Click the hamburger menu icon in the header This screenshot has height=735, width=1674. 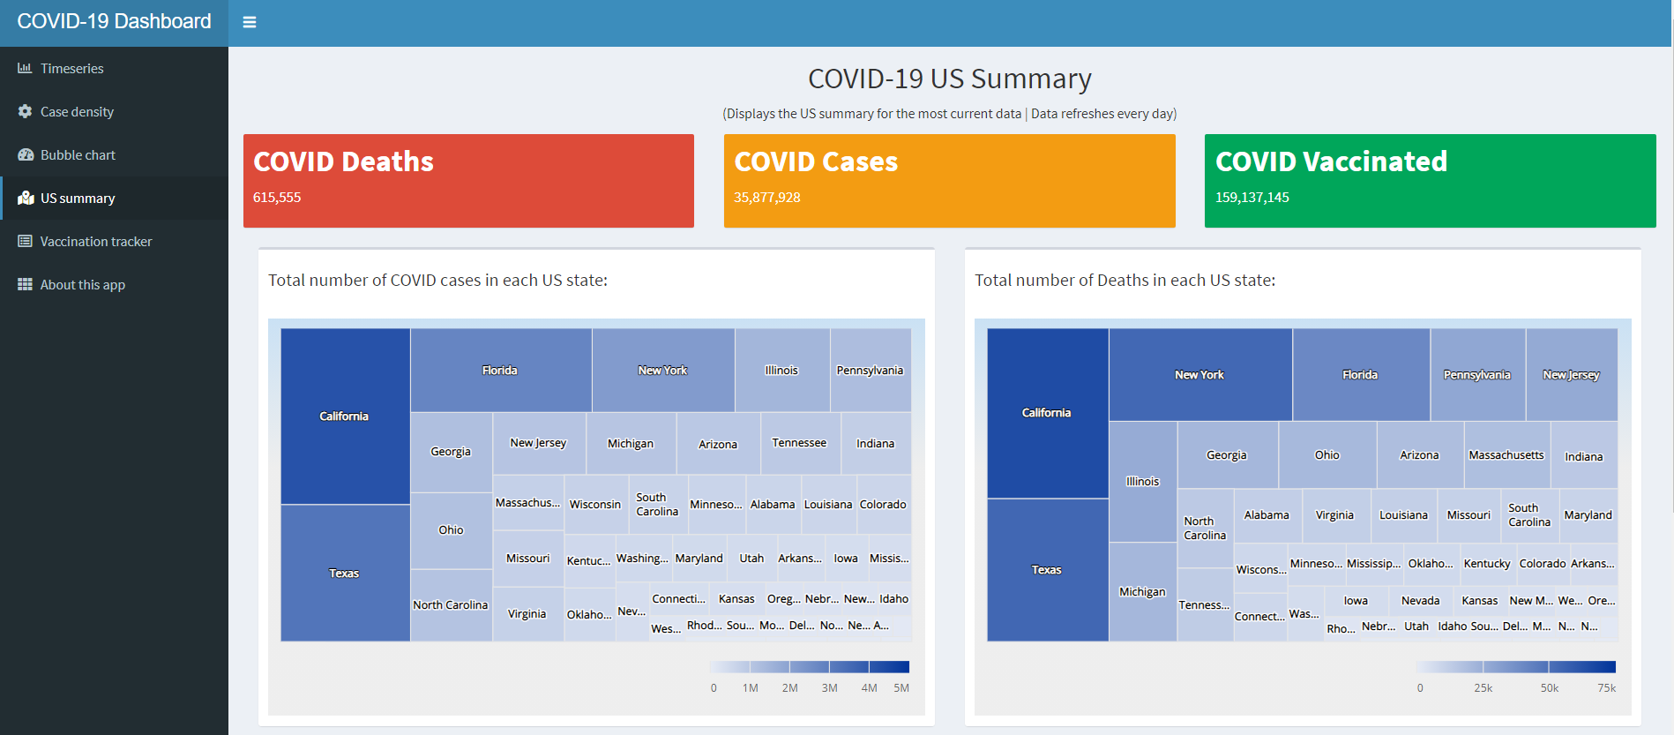point(250,22)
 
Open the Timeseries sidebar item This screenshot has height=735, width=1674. point(71,68)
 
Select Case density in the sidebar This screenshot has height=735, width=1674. point(77,111)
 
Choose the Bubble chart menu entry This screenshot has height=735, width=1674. point(78,154)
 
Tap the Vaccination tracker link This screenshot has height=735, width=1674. point(95,241)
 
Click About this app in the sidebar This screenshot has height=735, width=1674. point(82,284)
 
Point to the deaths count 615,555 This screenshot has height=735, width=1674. point(277,198)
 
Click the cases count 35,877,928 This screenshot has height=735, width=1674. point(767,198)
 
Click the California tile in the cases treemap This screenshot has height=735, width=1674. point(345,416)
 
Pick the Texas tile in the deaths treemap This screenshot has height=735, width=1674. point(1047,569)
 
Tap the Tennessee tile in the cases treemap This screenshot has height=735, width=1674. point(799,443)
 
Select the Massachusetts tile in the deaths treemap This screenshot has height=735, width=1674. point(1506,455)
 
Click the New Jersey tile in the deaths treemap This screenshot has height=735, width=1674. point(1571,374)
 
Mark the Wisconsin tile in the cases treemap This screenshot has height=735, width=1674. point(595,504)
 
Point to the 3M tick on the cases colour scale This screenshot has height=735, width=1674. point(829,687)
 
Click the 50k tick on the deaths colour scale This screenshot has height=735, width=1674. point(1549,687)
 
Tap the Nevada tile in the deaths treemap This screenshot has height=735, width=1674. point(1420,600)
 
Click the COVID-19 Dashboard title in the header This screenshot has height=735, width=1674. point(114,22)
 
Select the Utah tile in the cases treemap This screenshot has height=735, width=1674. point(751,558)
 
